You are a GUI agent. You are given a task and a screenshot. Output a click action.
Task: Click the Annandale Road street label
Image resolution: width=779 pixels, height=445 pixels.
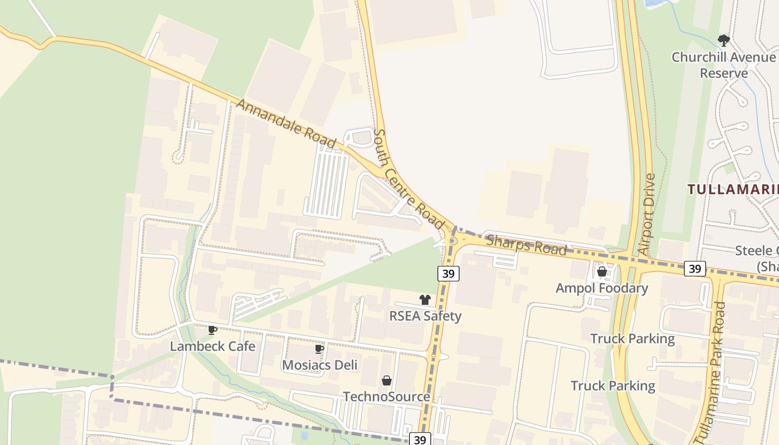tap(286, 124)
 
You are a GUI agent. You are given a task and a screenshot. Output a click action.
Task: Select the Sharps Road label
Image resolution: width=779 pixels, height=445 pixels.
tap(526, 245)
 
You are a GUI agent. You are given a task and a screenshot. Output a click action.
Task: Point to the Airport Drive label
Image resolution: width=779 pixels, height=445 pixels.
tap(647, 214)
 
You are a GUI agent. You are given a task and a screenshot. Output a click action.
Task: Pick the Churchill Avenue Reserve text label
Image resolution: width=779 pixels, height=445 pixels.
tap(723, 65)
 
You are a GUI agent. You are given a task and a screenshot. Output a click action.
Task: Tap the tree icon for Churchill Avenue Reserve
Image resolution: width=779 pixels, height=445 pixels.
tap(723, 40)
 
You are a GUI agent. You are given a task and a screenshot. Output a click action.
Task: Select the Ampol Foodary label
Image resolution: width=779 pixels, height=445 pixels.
tap(601, 288)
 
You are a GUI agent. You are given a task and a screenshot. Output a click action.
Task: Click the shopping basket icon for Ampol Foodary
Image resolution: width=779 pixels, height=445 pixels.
tap(601, 272)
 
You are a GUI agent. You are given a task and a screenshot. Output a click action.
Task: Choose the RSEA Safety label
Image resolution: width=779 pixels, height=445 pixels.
tap(425, 316)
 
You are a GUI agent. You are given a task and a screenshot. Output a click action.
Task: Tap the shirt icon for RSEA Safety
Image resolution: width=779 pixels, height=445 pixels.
tap(425, 300)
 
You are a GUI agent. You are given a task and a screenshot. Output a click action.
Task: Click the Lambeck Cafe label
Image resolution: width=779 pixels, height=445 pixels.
tap(213, 346)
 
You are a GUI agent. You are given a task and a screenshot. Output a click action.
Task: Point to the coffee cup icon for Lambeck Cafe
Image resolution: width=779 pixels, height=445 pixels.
tap(213, 330)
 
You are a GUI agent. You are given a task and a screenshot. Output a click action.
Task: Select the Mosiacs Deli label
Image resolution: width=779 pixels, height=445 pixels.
tap(319, 365)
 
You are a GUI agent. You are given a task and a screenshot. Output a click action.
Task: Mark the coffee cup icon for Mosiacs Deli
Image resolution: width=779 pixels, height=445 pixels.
tap(319, 349)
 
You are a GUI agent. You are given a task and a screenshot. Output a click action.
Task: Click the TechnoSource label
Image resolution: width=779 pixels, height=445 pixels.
tap(386, 397)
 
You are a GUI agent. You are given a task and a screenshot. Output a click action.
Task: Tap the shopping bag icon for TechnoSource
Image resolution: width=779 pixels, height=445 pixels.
tap(386, 380)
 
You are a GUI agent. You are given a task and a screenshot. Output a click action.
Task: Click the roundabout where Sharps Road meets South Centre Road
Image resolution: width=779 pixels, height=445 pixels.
tap(453, 241)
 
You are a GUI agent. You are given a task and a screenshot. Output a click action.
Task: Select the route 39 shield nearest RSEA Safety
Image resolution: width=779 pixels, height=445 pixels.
tap(448, 273)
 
